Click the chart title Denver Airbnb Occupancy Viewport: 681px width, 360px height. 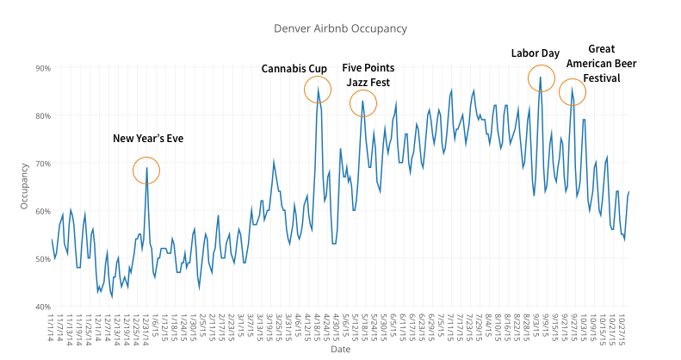pos(339,28)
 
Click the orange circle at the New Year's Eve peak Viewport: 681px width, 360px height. pos(146,171)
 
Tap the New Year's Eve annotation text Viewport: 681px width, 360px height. pos(148,138)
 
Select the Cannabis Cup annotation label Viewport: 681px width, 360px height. pos(294,68)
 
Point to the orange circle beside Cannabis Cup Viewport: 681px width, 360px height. pos(319,89)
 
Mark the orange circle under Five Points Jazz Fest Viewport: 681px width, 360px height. pos(363,103)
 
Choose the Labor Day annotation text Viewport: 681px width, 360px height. pos(535,53)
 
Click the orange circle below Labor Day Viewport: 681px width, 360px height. pos(542,78)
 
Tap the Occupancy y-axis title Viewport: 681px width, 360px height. pos(24,186)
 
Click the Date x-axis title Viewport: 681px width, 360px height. pos(340,350)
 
